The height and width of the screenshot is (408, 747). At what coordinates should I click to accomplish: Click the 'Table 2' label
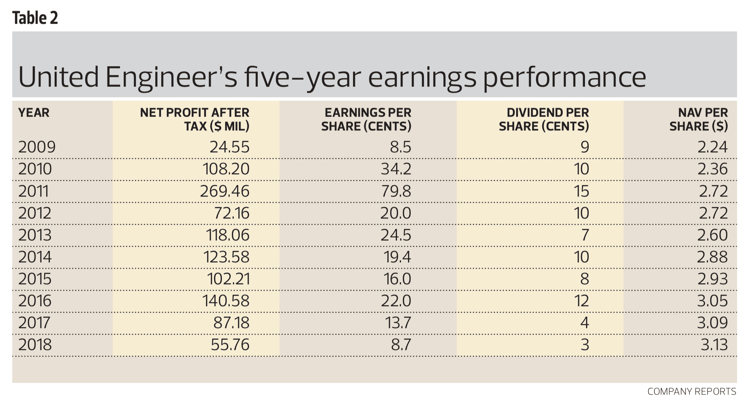click(x=35, y=18)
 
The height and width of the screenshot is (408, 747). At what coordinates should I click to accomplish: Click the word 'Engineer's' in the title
click(x=171, y=77)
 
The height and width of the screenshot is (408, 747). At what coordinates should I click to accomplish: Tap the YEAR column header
click(x=33, y=113)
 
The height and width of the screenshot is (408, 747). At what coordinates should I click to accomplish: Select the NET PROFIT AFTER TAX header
click(x=194, y=119)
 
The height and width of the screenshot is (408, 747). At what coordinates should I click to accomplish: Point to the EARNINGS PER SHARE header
click(x=366, y=119)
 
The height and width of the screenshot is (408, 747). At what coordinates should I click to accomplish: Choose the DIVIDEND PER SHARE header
click(x=544, y=119)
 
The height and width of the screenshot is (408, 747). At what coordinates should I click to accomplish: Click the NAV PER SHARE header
click(x=699, y=119)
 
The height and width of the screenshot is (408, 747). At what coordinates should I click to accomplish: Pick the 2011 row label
click(x=33, y=191)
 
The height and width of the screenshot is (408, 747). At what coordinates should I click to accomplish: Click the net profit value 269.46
click(x=225, y=191)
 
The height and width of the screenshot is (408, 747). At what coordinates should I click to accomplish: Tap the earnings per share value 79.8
click(x=396, y=191)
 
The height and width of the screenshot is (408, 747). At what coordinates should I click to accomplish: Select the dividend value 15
click(x=581, y=191)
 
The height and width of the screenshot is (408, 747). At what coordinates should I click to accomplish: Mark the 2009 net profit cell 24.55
click(x=229, y=147)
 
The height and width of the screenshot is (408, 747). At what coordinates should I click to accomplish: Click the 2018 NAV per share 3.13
click(x=714, y=345)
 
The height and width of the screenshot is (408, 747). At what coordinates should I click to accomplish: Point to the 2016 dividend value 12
click(x=581, y=301)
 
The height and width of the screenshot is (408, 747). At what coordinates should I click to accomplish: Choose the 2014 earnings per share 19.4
click(x=397, y=257)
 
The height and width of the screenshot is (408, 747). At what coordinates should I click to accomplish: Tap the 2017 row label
click(x=34, y=323)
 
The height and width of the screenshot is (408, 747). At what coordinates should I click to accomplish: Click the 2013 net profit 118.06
click(x=227, y=235)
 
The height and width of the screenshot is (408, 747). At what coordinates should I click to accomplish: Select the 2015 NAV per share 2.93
click(x=712, y=279)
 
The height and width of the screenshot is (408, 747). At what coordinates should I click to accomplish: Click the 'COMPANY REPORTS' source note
click(x=692, y=392)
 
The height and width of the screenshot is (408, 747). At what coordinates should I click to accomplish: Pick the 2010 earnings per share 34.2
click(x=396, y=169)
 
